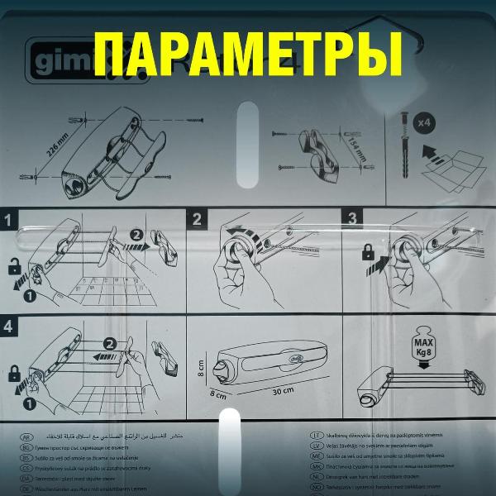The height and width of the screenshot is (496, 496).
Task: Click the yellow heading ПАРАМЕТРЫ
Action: pos(248,55)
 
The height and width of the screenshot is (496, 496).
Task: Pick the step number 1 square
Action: pos(9,221)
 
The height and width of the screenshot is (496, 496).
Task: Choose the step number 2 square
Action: pos(198,220)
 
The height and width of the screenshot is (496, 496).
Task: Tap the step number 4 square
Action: pos(9,327)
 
